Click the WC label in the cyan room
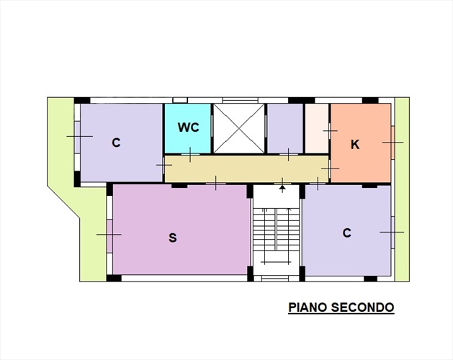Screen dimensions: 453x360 tap(189, 127)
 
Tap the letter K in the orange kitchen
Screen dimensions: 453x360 tap(355, 145)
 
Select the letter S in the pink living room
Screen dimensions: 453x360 tap(172, 238)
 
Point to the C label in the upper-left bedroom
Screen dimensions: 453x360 tap(116, 143)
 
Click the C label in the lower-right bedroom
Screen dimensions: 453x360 tap(347, 233)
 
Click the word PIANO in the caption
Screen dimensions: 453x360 tap(308, 307)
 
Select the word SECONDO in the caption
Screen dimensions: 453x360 tap(362, 307)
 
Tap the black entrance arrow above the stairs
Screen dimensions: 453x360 tap(282, 188)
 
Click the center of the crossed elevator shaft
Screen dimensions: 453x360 tap(239, 128)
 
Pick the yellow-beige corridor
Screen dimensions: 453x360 tap(246, 169)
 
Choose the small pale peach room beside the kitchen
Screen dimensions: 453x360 tap(317, 128)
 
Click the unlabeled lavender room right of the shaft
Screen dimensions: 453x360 tap(285, 128)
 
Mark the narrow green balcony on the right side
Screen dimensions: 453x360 tap(402, 189)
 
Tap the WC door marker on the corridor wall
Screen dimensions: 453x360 tap(190, 154)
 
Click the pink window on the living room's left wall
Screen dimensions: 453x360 tap(109, 235)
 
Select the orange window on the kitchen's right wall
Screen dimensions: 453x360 tap(393, 143)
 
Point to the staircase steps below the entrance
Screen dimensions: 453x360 tap(276, 234)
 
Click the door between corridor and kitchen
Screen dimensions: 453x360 tap(330, 168)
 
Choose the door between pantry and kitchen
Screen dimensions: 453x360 tap(330, 131)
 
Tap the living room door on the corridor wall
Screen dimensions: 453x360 tap(215, 183)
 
